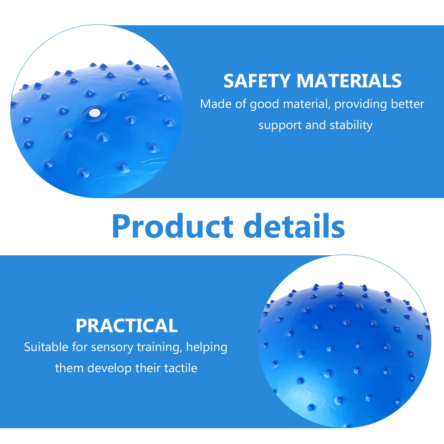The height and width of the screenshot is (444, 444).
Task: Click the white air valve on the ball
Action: (x=94, y=113)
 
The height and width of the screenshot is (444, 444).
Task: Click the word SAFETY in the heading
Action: (x=257, y=81)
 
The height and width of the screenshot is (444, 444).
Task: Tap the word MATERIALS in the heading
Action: (x=349, y=81)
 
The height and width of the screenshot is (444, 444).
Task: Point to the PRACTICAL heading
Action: (x=127, y=326)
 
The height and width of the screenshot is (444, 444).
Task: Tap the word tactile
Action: (x=181, y=368)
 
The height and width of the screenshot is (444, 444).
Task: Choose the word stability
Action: (x=351, y=125)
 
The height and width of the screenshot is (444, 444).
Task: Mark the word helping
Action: (x=207, y=347)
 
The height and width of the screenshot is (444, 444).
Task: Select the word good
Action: (x=264, y=104)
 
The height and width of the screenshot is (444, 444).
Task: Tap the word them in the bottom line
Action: (x=69, y=368)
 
